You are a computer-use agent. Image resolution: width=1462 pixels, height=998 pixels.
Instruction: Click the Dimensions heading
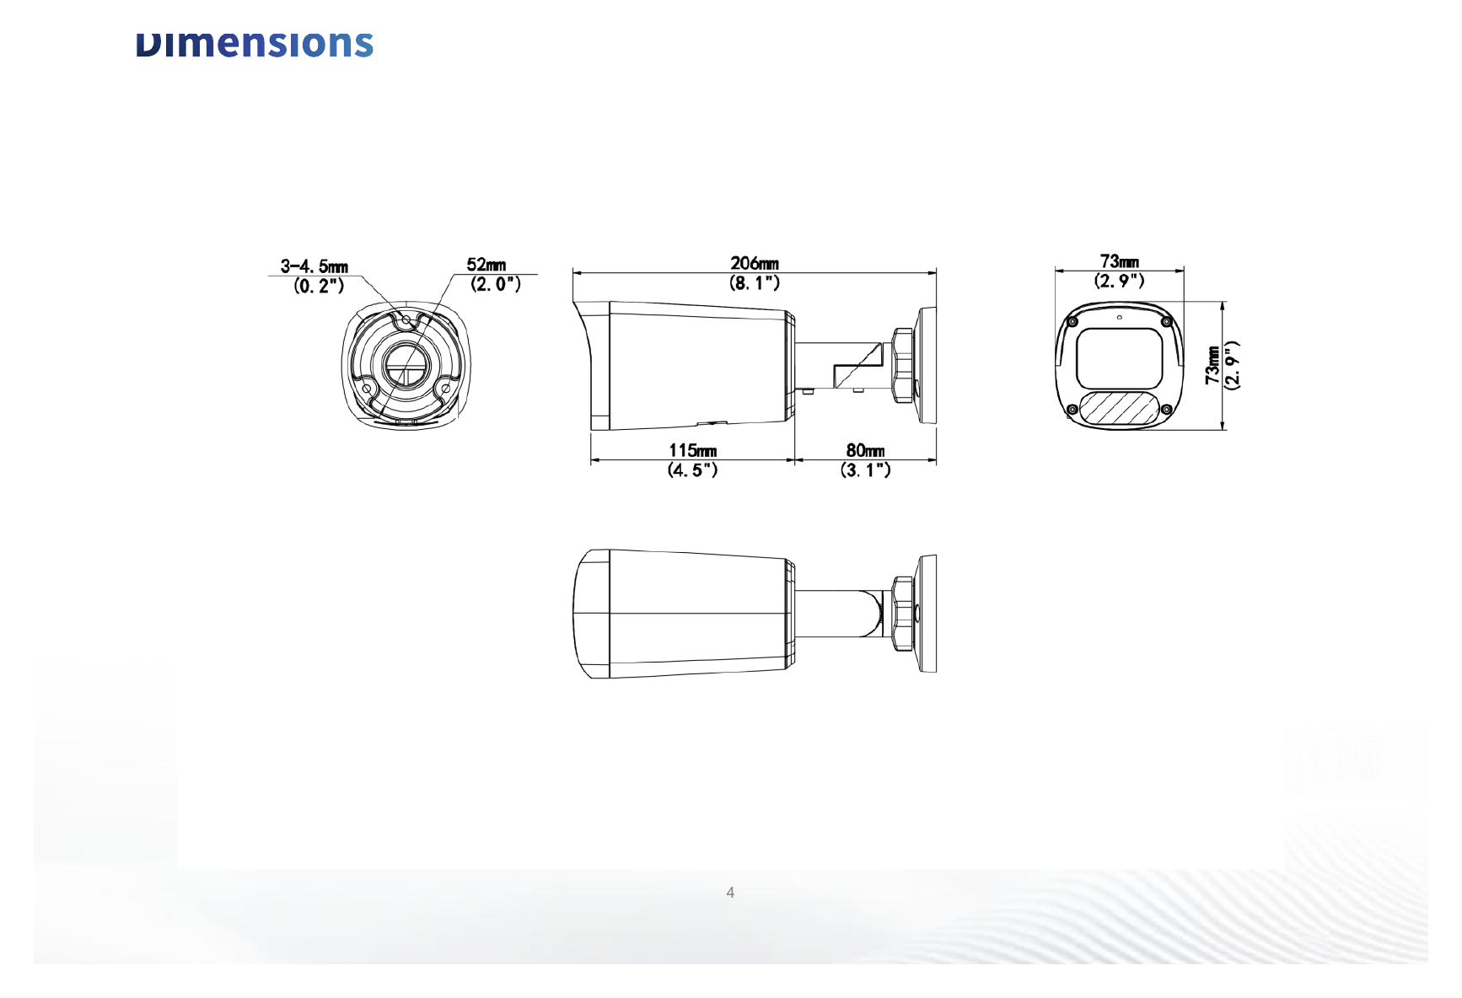(255, 44)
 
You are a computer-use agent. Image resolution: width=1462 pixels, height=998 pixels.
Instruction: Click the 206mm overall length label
(755, 264)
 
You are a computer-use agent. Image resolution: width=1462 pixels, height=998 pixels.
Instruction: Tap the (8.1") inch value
(755, 283)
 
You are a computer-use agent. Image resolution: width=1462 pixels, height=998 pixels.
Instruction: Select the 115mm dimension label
(693, 451)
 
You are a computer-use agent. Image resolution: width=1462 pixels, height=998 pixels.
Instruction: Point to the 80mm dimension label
(866, 451)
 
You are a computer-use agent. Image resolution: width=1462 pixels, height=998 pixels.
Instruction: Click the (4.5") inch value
(693, 470)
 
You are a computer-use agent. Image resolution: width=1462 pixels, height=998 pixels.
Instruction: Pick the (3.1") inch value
(866, 470)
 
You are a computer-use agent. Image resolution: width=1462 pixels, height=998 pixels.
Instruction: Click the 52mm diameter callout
(486, 265)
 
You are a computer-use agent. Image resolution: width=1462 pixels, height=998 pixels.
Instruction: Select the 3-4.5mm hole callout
(314, 266)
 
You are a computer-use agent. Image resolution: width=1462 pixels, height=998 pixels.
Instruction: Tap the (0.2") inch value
(320, 286)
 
